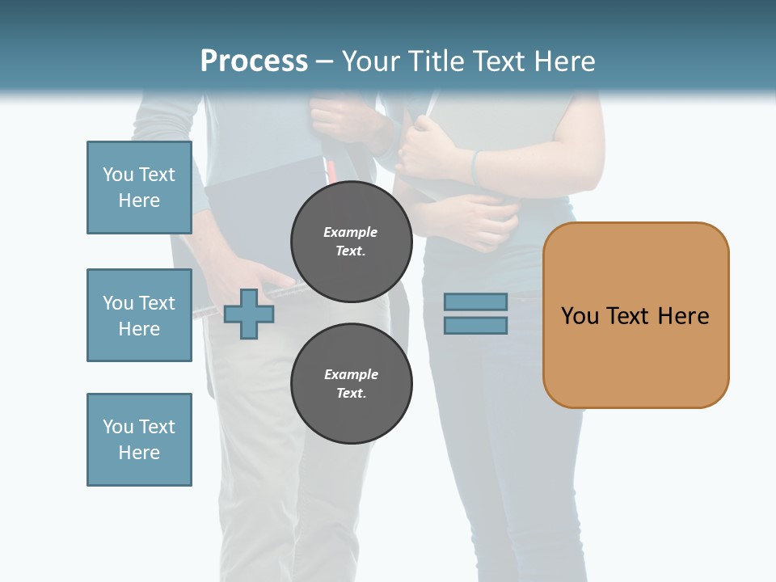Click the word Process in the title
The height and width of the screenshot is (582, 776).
254,61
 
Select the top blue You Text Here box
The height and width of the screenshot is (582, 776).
139,188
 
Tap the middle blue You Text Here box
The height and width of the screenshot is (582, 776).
139,315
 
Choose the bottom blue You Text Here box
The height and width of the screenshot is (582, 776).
139,440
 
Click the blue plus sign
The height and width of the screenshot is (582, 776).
249,314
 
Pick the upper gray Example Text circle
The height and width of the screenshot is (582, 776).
351,241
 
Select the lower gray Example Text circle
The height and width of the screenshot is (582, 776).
351,383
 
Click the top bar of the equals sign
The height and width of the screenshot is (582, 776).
475,302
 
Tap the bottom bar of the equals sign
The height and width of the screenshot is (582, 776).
475,326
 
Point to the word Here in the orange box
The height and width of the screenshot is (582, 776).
683,316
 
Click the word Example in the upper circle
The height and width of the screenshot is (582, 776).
351,232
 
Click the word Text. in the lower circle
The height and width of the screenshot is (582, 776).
351,394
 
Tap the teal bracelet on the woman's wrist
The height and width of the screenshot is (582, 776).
475,166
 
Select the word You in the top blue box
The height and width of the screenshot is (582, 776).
117,175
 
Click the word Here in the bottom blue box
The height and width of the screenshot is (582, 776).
139,453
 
